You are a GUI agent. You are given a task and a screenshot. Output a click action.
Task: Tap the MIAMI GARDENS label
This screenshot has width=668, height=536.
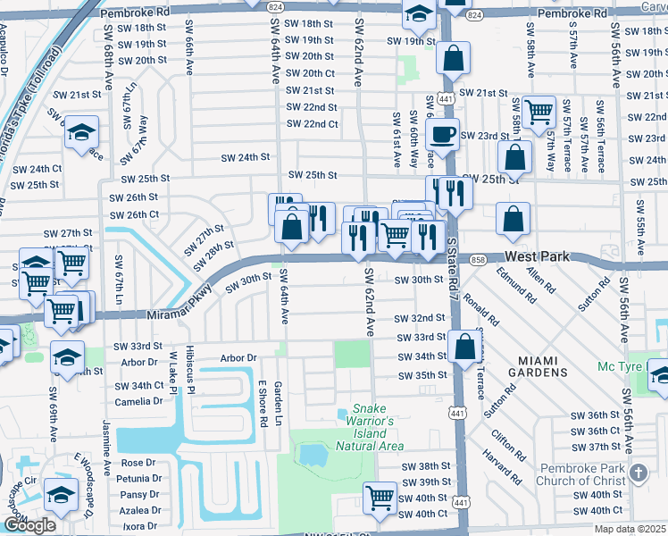[551, 364]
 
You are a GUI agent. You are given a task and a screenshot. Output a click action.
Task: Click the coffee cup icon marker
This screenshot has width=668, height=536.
[441, 135]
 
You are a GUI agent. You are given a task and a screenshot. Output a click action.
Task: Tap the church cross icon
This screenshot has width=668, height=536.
[639, 471]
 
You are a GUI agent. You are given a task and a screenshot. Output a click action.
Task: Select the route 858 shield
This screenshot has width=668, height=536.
[479, 259]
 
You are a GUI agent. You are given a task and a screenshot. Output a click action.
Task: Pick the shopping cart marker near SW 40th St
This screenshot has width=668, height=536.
[380, 497]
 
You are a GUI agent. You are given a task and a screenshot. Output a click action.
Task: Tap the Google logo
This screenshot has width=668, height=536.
[29, 525]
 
